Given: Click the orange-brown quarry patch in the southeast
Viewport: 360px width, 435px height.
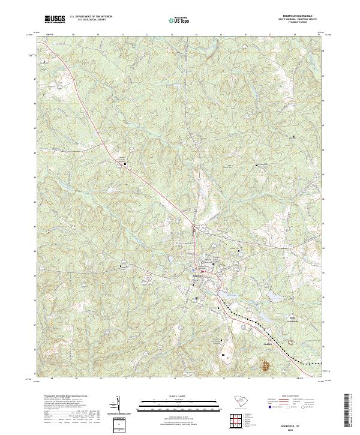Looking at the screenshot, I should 264,363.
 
